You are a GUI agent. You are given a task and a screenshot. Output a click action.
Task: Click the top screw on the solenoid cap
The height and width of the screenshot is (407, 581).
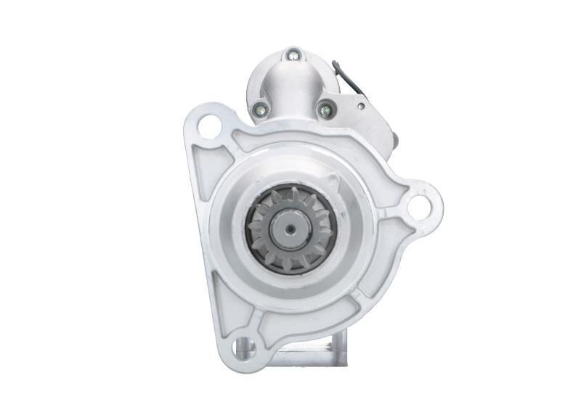[x=293, y=54]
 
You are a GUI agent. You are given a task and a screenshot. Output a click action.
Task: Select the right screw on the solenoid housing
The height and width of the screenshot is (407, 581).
[x=324, y=110]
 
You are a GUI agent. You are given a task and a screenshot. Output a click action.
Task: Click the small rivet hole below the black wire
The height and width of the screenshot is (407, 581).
[x=361, y=106]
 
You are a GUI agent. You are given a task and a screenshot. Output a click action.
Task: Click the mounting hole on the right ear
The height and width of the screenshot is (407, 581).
[x=418, y=206]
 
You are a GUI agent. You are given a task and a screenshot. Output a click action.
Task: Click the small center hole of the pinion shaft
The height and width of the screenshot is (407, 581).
[x=290, y=229]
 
